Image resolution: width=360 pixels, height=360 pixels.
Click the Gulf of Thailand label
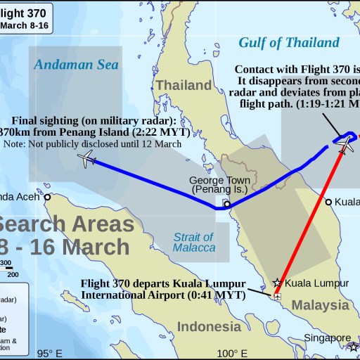(x=289, y=42)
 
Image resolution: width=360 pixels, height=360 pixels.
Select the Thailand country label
(x=184, y=85)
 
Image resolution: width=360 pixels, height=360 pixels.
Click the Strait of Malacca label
(x=193, y=243)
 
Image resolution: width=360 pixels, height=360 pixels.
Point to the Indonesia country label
(x=209, y=326)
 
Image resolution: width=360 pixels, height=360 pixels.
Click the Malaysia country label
(x=321, y=305)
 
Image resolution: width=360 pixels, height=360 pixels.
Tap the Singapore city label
(x=327, y=338)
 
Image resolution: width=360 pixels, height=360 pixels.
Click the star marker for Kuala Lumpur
(x=278, y=283)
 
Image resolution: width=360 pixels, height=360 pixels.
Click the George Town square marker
(x=226, y=203)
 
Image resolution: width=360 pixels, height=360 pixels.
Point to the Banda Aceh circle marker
(x=48, y=198)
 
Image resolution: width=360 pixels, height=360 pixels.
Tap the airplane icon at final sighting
(x=87, y=160)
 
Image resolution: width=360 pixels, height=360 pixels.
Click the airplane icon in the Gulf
(x=344, y=143)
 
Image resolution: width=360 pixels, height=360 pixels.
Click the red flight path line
(x=309, y=218)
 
